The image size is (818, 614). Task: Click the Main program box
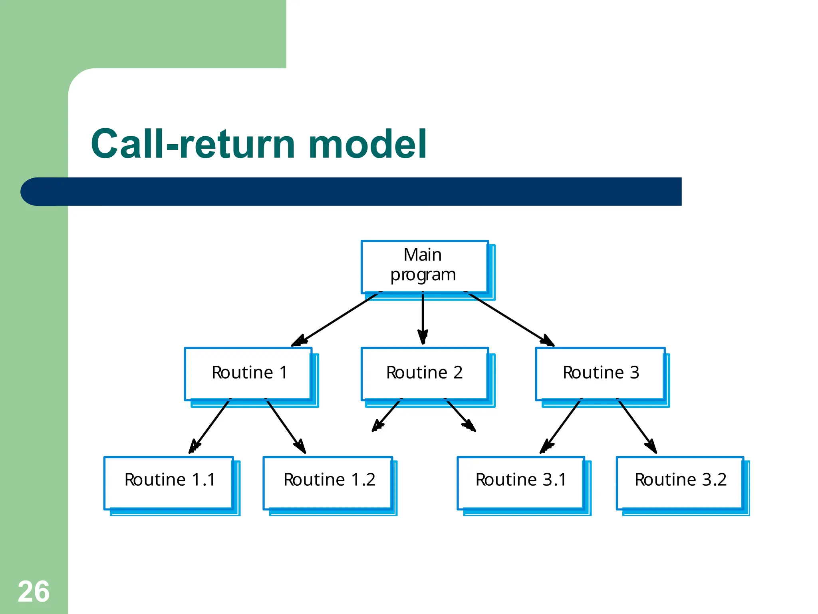425,267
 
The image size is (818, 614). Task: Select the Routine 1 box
248,373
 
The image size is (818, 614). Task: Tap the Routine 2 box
425,373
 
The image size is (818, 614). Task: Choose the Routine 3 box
600,373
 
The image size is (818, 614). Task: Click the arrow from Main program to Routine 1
336,319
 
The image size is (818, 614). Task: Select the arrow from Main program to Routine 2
423,318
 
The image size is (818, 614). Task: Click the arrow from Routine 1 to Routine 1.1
210,426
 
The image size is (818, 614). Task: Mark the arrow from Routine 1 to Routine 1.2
286,426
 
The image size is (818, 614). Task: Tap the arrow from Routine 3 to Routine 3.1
561,426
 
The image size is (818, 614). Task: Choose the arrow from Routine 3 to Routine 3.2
637,426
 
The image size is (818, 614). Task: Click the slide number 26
34,592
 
